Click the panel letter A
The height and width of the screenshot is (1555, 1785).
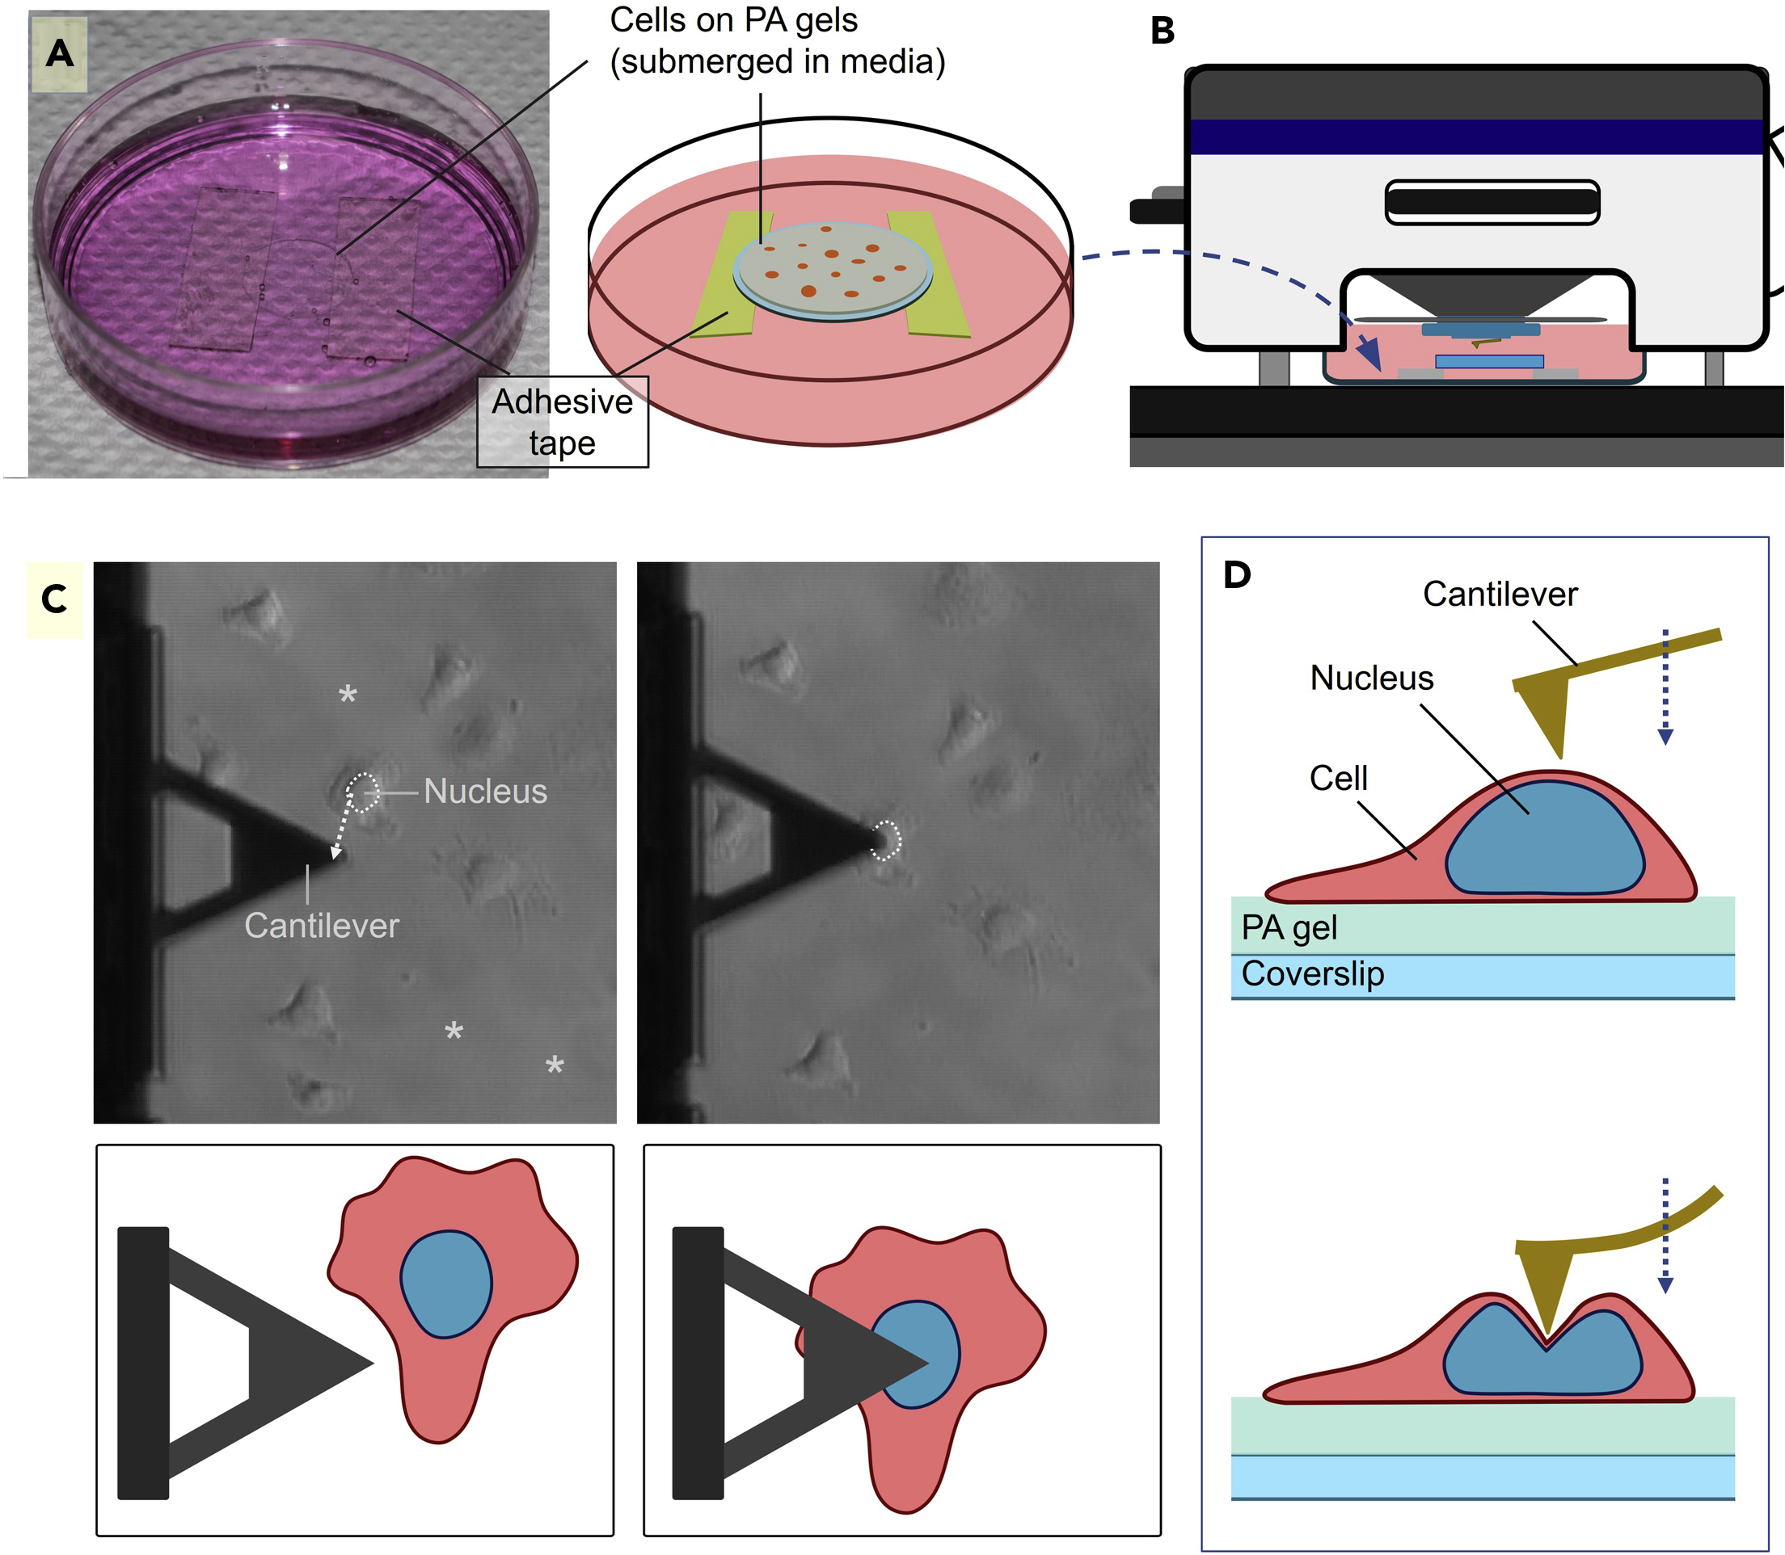click(x=59, y=54)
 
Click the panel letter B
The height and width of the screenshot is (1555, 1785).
click(x=1162, y=32)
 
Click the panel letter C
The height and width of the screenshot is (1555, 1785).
click(x=54, y=599)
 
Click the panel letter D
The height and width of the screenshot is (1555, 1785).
click(x=1236, y=574)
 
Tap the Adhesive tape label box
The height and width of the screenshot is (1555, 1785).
click(x=562, y=422)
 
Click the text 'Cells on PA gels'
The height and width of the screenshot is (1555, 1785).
click(x=732, y=21)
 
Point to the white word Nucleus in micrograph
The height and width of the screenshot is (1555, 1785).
click(x=484, y=792)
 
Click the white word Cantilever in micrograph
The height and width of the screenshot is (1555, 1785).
click(x=321, y=926)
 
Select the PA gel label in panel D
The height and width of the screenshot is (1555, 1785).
click(x=1289, y=927)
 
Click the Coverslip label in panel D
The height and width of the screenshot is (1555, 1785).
click(x=1312, y=973)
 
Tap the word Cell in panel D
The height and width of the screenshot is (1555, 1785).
click(x=1337, y=779)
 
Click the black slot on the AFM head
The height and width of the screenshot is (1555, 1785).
click(x=1491, y=202)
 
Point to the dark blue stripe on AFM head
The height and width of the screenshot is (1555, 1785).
click(x=1476, y=137)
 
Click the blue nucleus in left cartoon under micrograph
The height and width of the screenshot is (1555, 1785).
click(x=445, y=1284)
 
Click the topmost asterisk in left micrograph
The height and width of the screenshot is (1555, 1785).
click(x=348, y=693)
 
